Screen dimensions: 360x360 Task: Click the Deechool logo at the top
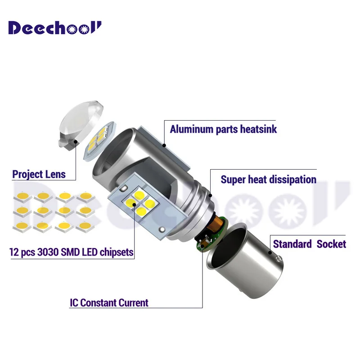click(55, 28)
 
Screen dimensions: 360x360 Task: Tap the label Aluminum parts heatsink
click(223, 129)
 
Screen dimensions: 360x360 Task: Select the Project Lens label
click(39, 174)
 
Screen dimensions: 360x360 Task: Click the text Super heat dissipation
click(268, 180)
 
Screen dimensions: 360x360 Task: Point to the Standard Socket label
click(310, 244)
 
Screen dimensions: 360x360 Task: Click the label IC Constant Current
click(109, 303)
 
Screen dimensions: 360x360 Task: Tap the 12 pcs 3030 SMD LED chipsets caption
click(71, 252)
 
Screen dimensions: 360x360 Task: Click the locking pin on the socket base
click(280, 260)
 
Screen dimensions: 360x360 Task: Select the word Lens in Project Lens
click(54, 174)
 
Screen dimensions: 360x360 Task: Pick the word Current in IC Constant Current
click(133, 303)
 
